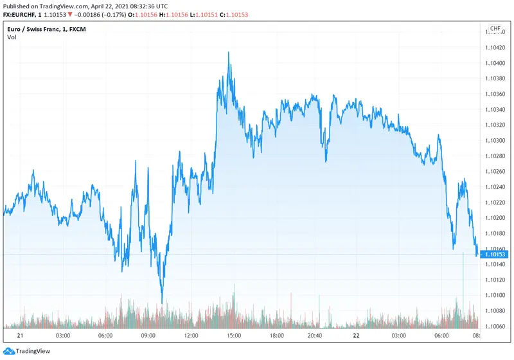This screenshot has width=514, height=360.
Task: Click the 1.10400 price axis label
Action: (x=495, y=63)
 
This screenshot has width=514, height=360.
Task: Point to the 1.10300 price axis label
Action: (x=495, y=140)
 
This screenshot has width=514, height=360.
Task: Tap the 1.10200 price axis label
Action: (x=495, y=217)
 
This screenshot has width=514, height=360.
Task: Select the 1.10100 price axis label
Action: (x=495, y=295)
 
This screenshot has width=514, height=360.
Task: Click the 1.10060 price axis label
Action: (x=495, y=326)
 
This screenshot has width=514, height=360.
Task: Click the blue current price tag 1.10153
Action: (x=495, y=255)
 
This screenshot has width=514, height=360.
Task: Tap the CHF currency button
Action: (x=495, y=29)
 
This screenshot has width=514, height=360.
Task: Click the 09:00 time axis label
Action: (x=148, y=336)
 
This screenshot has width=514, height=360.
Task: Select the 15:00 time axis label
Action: (x=234, y=336)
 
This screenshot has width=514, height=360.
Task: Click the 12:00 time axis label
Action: (x=191, y=336)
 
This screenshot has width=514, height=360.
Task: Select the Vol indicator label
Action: (x=12, y=37)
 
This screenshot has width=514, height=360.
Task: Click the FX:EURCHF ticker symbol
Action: (x=23, y=15)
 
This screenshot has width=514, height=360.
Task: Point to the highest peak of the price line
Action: (x=229, y=53)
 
